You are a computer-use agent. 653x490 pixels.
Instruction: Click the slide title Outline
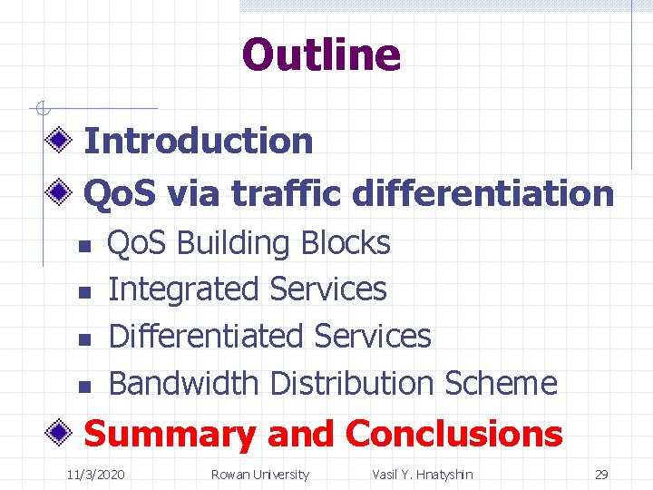click(321, 54)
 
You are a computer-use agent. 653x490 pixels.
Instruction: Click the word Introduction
click(198, 141)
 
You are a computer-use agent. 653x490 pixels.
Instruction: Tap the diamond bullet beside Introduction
click(61, 141)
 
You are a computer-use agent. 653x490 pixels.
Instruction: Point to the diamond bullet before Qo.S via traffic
click(61, 192)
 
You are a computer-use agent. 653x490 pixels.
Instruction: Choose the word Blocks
click(346, 243)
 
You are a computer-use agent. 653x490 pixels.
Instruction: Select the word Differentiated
click(206, 336)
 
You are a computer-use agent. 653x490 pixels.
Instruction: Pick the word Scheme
click(501, 383)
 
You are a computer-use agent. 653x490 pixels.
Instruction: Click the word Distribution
click(353, 383)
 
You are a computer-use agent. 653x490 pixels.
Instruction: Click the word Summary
click(170, 434)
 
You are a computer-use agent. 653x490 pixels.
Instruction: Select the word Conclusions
click(453, 434)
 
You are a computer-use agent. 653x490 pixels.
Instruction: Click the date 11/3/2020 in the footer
click(96, 474)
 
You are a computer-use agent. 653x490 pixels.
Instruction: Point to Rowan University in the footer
click(259, 474)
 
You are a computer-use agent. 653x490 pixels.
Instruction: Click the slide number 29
click(600, 474)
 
